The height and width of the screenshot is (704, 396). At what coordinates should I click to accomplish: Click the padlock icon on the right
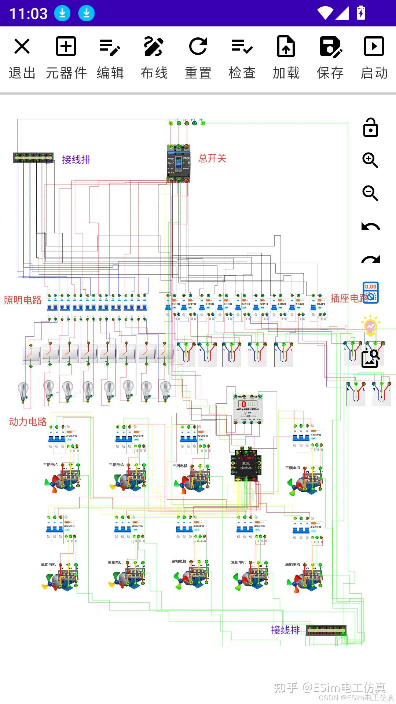click(x=370, y=128)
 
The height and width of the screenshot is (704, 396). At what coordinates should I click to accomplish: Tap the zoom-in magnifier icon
click(x=370, y=161)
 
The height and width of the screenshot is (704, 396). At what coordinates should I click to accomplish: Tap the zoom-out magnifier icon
click(x=370, y=193)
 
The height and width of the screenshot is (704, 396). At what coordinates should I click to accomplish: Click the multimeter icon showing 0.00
click(x=370, y=293)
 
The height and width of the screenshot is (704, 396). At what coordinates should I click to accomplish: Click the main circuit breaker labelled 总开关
click(x=179, y=164)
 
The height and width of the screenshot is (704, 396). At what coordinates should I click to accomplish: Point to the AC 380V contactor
click(x=246, y=465)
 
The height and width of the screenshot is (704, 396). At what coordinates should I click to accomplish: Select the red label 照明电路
click(x=23, y=300)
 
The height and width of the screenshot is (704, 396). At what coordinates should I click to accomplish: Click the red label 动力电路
click(x=28, y=422)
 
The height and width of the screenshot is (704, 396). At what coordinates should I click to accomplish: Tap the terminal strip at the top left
click(x=33, y=158)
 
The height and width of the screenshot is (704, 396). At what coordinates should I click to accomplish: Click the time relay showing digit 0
click(x=248, y=409)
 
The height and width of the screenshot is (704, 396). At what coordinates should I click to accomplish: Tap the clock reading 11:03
click(x=28, y=14)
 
